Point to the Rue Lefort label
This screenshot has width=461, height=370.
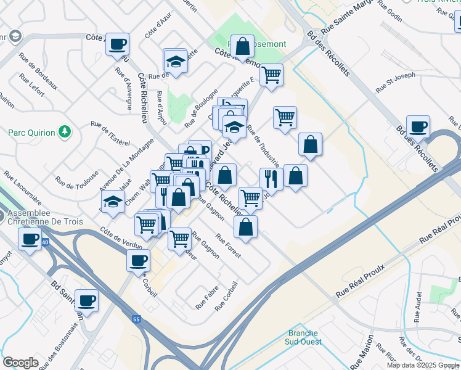point(31,86)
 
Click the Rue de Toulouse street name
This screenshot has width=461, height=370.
point(77,175)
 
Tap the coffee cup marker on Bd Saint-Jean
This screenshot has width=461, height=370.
point(86,300)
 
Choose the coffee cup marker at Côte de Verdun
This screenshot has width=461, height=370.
point(138,260)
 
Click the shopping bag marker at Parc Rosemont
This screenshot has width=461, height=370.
point(243,46)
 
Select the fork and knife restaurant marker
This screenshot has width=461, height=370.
point(271,179)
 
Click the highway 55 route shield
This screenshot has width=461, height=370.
point(136,319)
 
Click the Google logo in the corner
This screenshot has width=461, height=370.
point(20,363)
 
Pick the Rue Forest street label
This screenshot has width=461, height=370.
point(227,245)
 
